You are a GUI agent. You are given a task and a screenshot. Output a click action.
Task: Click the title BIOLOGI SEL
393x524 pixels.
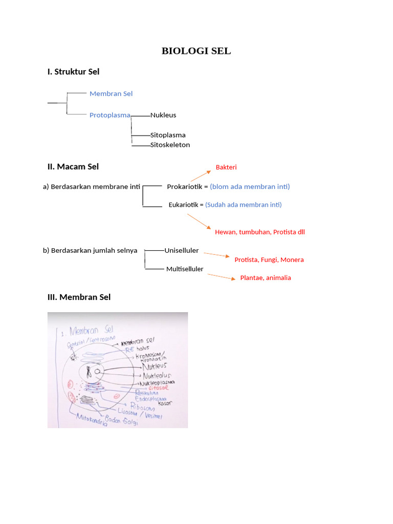point(196,51)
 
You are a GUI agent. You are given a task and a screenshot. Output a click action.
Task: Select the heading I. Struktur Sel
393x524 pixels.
point(73,72)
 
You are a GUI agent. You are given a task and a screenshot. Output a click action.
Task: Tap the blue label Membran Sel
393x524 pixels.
point(111,94)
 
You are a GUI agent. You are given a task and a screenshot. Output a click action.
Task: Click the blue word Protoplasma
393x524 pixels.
point(110,115)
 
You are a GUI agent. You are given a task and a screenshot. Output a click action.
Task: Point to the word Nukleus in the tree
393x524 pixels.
point(163,115)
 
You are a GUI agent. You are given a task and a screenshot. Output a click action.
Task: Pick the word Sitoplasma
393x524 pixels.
point(168,135)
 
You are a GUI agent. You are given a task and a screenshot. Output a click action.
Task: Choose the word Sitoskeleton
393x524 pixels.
point(170,145)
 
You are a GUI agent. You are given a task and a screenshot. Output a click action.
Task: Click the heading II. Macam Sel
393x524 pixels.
point(73,166)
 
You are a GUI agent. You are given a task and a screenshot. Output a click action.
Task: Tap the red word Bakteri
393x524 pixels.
point(226,167)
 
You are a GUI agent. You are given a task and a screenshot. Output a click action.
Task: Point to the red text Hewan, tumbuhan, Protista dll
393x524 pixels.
point(260,232)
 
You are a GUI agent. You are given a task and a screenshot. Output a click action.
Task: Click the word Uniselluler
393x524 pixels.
point(182,251)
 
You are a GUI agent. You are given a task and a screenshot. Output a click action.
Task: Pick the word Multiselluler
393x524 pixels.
point(185,269)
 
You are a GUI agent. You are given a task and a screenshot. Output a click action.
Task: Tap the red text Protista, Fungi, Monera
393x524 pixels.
point(269,259)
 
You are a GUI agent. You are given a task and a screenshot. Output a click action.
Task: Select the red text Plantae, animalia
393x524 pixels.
point(266,278)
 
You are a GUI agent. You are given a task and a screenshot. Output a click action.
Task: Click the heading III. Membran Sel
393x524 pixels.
point(79,297)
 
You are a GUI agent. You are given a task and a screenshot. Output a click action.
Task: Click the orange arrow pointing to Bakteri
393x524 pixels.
point(201,176)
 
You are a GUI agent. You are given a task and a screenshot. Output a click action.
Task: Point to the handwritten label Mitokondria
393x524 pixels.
point(92,420)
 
